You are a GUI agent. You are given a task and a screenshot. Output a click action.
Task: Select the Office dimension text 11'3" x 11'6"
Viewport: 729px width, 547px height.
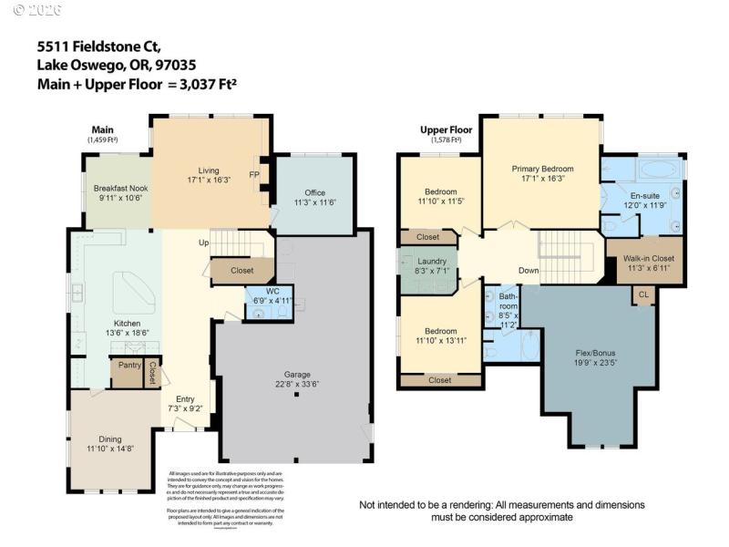click(315, 202)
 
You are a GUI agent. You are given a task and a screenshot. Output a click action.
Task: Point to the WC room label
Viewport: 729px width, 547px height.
click(272, 291)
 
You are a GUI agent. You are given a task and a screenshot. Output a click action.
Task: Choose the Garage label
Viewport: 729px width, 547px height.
click(297, 374)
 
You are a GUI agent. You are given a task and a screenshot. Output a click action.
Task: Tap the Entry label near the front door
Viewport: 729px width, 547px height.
click(186, 398)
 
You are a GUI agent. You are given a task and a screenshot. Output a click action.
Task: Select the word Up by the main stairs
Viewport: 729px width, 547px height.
click(205, 243)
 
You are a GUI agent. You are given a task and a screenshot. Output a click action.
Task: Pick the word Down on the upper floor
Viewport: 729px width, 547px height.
click(529, 271)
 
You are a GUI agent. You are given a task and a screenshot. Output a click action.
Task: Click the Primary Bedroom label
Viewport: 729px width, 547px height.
click(542, 169)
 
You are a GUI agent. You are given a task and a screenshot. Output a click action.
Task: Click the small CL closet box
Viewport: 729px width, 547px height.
click(643, 294)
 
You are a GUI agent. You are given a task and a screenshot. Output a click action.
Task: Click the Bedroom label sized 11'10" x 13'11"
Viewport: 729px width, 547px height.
click(442, 330)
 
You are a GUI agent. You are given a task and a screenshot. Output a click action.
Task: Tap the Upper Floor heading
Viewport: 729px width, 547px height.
click(441, 130)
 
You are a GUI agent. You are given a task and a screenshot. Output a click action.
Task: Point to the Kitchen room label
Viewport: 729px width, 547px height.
click(128, 324)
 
